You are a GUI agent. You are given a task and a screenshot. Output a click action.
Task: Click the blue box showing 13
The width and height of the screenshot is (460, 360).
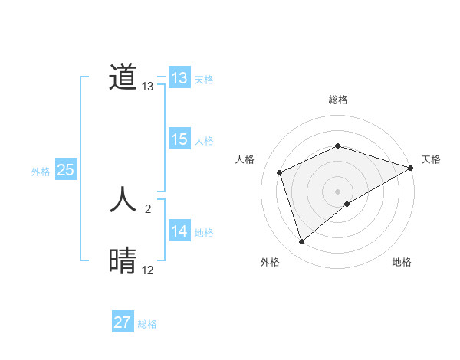tap(179, 78)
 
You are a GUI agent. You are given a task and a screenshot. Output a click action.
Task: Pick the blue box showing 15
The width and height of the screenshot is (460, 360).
tap(179, 139)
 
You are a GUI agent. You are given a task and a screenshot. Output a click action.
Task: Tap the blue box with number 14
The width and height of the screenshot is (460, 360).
tap(179, 231)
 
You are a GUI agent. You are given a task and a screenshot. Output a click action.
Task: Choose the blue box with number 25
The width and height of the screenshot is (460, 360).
tap(65, 170)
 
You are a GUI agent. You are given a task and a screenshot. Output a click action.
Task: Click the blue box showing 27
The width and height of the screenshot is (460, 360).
tap(122, 322)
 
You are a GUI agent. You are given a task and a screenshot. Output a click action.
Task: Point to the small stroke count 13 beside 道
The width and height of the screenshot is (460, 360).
tap(148, 87)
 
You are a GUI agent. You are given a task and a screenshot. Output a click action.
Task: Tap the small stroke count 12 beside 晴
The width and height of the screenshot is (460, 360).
tap(148, 270)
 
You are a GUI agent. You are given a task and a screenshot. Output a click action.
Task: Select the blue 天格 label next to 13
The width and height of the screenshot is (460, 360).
tap(204, 80)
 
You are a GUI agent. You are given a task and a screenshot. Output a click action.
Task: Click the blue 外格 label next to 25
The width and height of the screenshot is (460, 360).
tap(41, 172)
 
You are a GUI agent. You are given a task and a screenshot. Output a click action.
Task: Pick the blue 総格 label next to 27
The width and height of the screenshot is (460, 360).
tap(147, 324)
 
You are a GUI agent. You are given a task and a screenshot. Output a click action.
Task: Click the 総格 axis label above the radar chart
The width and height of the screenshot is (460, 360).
tap(337, 100)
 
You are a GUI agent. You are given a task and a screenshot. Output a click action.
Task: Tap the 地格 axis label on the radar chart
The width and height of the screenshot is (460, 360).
tap(402, 263)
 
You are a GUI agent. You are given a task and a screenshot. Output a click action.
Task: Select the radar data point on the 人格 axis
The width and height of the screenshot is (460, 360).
tap(280, 172)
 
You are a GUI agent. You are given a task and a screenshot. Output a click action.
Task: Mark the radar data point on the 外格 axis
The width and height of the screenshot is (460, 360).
tap(302, 242)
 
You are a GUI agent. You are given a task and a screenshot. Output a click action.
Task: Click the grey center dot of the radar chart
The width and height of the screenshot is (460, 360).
tap(337, 191)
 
